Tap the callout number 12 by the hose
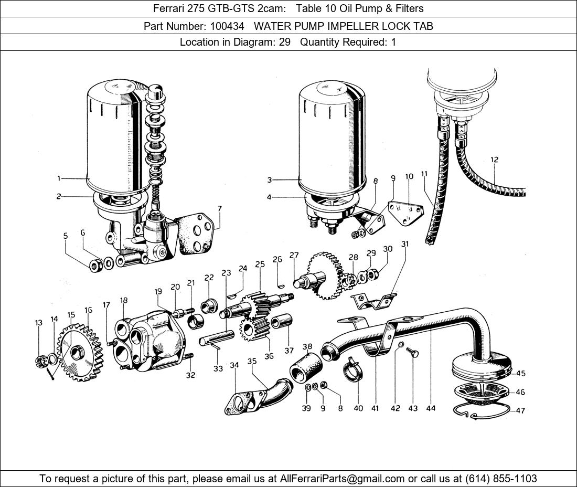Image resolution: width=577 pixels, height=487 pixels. coord(494,160)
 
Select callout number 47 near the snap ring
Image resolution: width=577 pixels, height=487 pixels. coord(520,411)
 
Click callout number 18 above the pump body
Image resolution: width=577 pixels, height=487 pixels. coord(124,300)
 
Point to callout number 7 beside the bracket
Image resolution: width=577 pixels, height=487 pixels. coord(219,208)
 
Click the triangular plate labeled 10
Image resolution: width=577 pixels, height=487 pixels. coord(407,213)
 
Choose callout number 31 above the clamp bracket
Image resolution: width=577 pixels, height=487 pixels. coord(404,243)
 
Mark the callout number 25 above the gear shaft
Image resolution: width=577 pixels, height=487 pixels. coord(260,264)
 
